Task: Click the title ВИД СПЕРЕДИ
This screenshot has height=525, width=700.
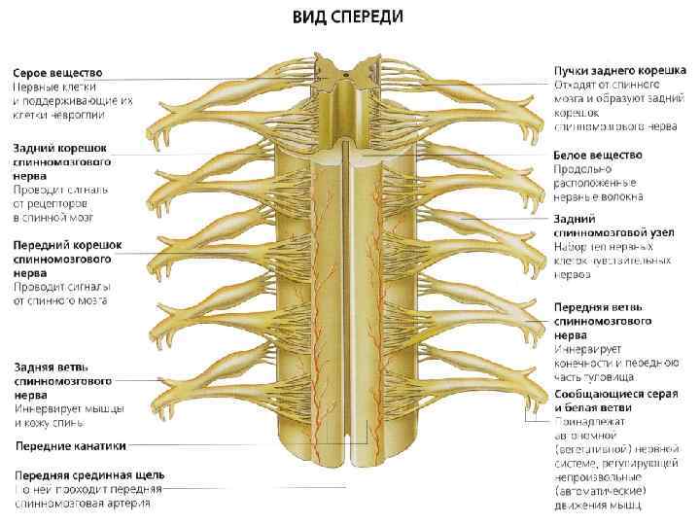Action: [x=350, y=17]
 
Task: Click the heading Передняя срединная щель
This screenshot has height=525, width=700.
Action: [x=88, y=475]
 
